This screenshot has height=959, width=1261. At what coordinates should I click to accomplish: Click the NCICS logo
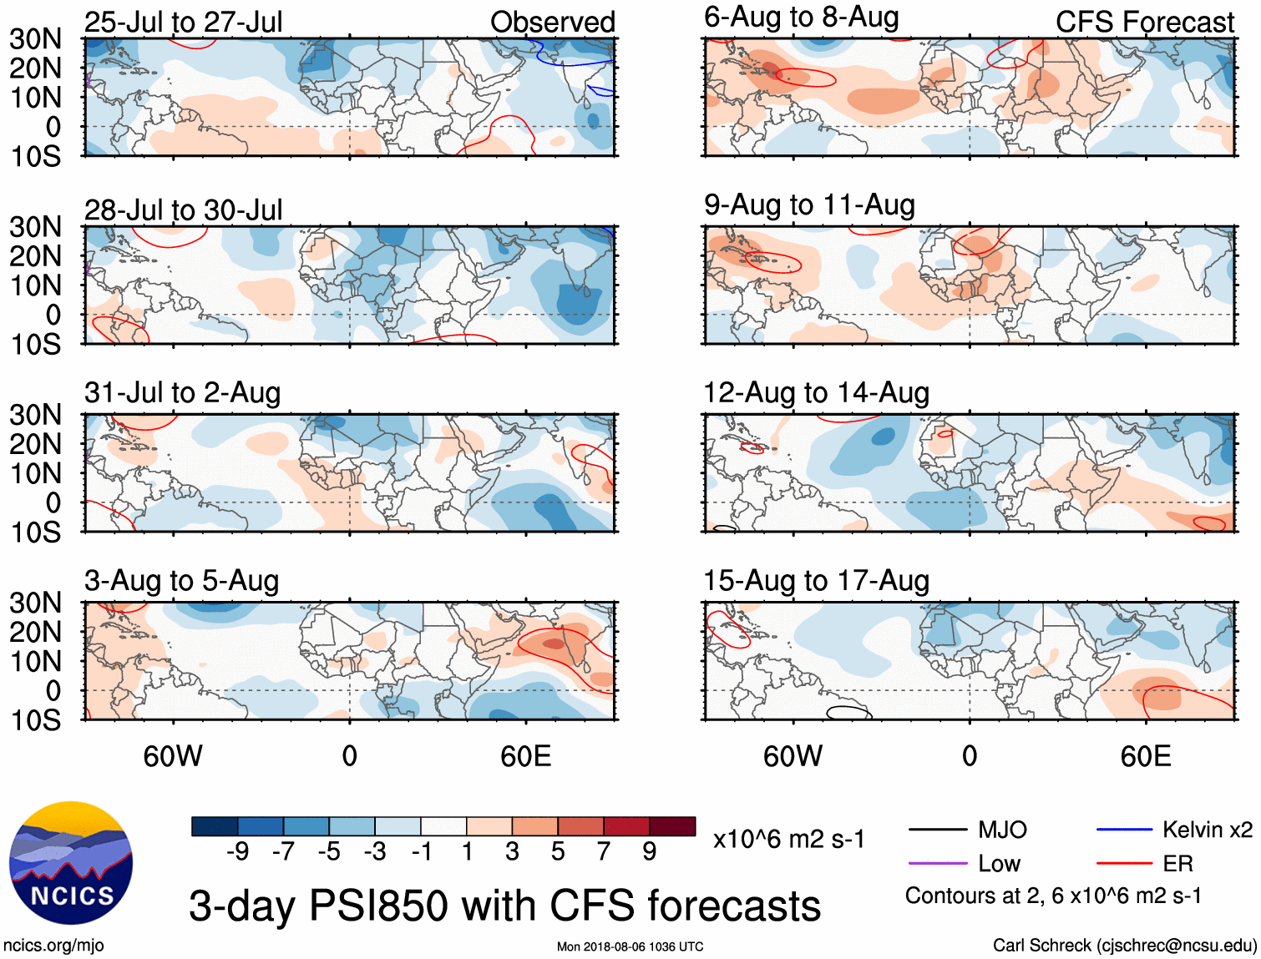pyautogui.click(x=71, y=863)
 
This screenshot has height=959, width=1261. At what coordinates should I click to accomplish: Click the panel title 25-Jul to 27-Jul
pyautogui.click(x=183, y=22)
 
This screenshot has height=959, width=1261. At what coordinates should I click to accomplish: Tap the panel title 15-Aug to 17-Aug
pyautogui.click(x=816, y=580)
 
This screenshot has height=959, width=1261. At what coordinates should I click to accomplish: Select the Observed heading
pyautogui.click(x=552, y=22)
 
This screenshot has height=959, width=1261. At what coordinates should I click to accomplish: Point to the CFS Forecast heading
pyautogui.click(x=1144, y=22)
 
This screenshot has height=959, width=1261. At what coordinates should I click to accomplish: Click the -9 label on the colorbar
pyautogui.click(x=238, y=851)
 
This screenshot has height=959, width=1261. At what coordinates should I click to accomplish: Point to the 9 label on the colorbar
pyautogui.click(x=650, y=851)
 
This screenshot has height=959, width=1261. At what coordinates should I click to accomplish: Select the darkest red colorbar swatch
pyautogui.click(x=672, y=826)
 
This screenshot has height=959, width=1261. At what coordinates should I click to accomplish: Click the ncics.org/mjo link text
pyautogui.click(x=53, y=946)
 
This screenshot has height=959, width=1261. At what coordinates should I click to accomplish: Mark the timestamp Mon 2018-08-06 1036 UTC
pyautogui.click(x=630, y=946)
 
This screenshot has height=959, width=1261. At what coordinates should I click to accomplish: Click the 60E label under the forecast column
pyautogui.click(x=1146, y=756)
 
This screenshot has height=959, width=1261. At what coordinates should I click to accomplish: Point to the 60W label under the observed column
pyautogui.click(x=173, y=756)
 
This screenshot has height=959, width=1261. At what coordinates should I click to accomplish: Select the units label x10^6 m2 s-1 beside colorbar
pyautogui.click(x=788, y=839)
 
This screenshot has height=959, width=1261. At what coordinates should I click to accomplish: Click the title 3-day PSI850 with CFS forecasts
pyautogui.click(x=504, y=906)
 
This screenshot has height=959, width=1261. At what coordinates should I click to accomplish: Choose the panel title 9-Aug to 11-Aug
pyautogui.click(x=809, y=204)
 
